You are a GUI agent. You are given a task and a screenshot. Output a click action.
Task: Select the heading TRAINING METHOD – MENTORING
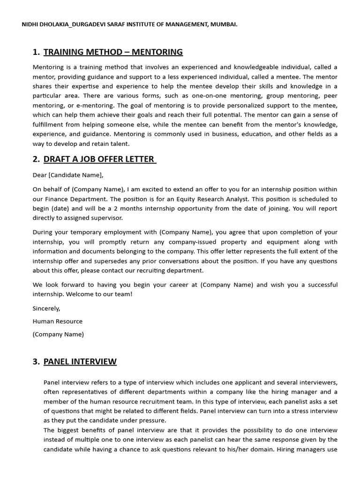click(x=113, y=52)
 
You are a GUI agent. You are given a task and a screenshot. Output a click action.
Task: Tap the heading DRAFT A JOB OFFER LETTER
click(x=99, y=159)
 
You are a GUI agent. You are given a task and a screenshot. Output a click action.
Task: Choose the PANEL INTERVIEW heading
click(x=80, y=361)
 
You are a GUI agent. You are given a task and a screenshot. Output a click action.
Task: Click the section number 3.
click(x=36, y=361)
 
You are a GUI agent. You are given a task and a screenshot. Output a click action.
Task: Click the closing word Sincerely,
click(x=46, y=308)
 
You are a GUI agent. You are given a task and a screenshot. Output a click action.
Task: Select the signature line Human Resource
click(x=57, y=322)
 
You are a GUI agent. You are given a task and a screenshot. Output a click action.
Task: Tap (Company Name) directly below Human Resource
click(x=58, y=334)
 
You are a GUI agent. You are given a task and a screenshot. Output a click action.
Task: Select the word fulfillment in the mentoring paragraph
click(x=50, y=125)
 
